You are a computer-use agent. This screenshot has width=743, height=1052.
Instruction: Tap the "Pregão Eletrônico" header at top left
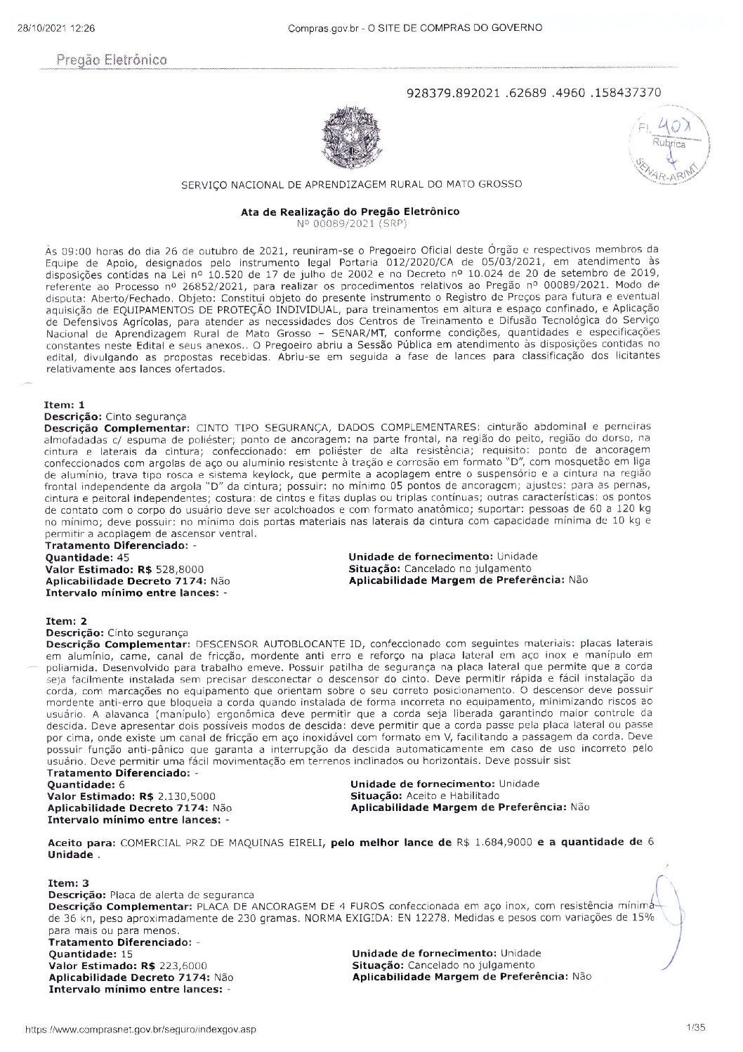tap(112, 60)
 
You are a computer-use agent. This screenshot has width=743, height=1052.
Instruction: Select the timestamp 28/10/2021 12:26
tap(55, 28)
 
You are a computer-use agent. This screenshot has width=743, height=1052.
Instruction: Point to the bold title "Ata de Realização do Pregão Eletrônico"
tap(350, 212)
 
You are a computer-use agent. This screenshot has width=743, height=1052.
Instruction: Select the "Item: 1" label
tap(65, 405)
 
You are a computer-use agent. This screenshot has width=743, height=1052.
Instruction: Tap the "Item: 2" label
tap(66, 621)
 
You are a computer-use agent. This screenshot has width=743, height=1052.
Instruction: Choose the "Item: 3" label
tap(68, 883)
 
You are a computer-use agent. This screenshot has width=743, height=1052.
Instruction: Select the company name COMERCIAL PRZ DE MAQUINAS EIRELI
tap(222, 842)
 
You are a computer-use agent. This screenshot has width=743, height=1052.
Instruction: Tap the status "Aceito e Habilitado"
tap(452, 796)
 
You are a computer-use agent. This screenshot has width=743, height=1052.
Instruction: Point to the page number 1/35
tap(697, 1028)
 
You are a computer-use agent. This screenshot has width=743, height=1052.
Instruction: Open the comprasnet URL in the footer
tap(140, 1030)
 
